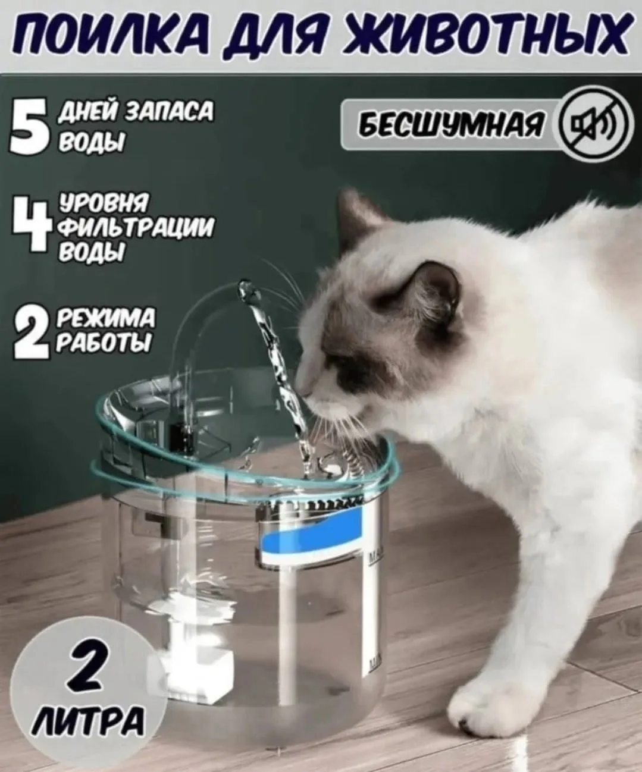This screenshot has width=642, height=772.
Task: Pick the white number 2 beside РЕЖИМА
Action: pos(31,335)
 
